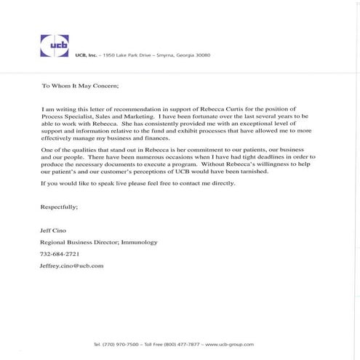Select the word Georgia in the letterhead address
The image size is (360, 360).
pyautogui.click(x=180, y=55)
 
